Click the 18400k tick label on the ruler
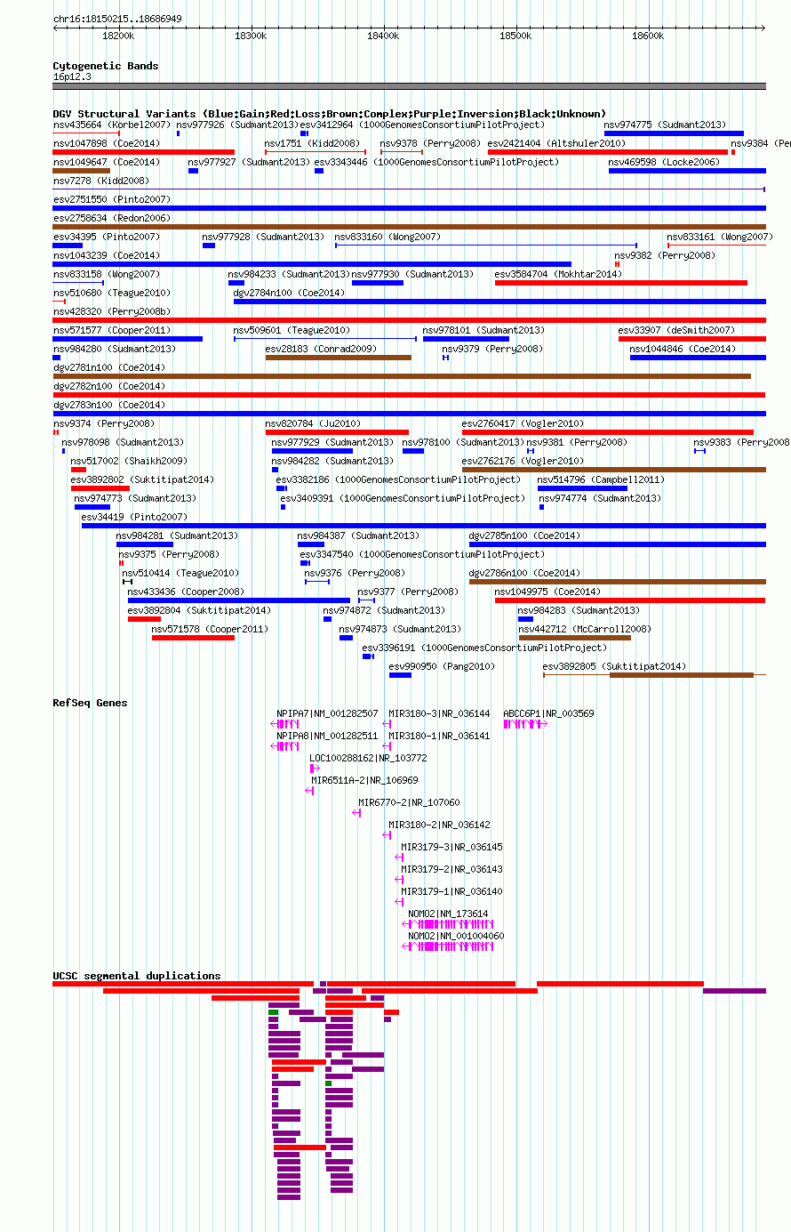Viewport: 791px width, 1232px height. tap(383, 36)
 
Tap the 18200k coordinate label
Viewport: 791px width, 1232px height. tap(118, 36)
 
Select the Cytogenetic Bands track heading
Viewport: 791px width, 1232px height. tap(106, 66)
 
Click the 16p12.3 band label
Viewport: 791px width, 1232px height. tap(72, 77)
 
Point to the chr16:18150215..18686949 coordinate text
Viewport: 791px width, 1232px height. tap(117, 19)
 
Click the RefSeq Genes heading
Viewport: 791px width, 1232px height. tap(90, 703)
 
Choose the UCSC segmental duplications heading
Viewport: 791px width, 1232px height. tap(137, 976)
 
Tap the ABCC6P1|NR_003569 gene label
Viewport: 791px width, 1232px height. tap(548, 713)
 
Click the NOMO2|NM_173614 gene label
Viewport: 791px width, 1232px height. tap(448, 914)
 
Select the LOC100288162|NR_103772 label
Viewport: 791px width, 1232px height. tap(368, 758)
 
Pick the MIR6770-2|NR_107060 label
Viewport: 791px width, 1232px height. tap(409, 802)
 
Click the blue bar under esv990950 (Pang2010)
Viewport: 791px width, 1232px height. tap(400, 675)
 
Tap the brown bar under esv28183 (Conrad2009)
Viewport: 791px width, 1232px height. tap(339, 358)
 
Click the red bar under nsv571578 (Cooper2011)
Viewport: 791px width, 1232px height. tap(194, 638)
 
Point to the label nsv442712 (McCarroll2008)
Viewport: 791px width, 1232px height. tap(585, 629)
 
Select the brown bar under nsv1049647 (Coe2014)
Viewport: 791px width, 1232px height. tap(82, 171)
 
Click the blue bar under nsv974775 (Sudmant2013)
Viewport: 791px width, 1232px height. tap(674, 133)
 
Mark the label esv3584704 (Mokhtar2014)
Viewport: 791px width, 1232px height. tap(558, 274)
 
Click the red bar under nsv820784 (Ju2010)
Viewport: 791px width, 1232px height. tap(337, 432)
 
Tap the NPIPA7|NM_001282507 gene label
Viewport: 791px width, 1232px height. tap(328, 713)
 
